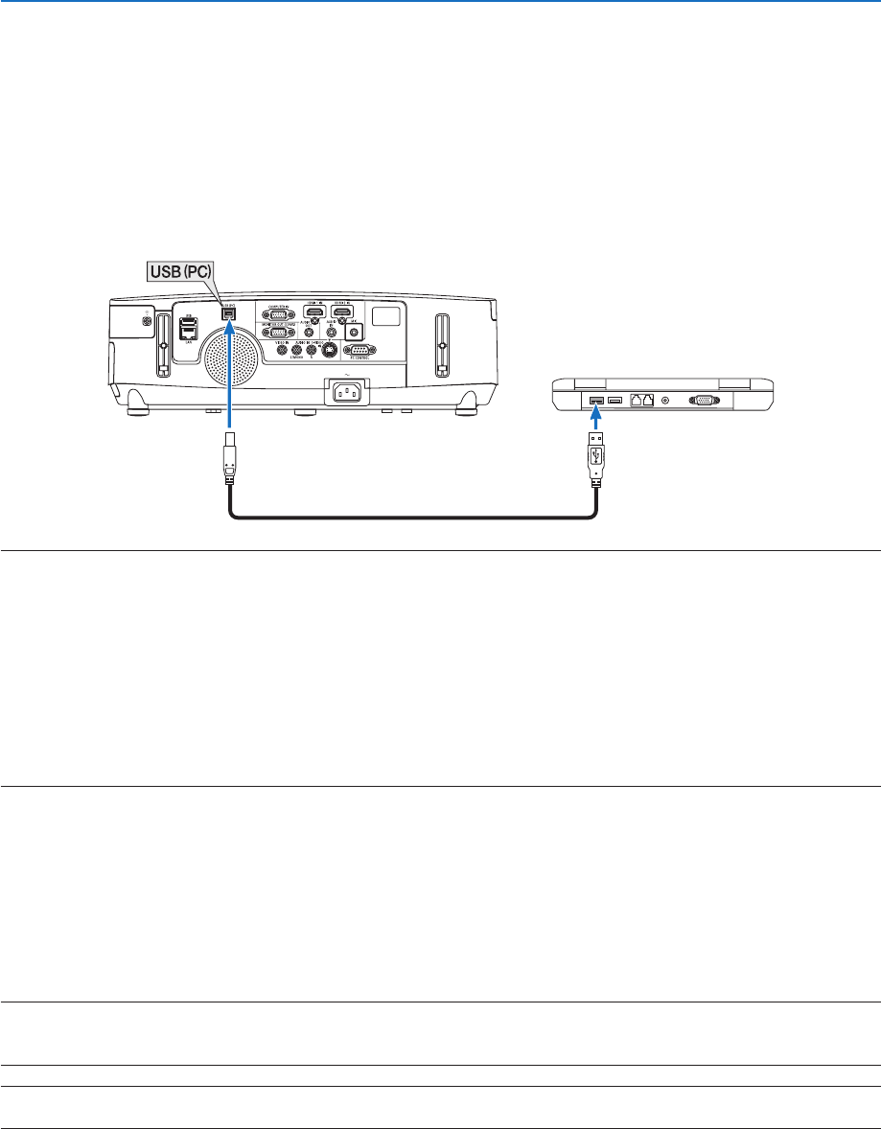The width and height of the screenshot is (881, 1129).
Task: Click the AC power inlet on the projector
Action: [348, 391]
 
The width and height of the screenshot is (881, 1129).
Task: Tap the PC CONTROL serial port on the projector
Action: [358, 351]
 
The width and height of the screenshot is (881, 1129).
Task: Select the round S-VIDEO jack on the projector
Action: [330, 349]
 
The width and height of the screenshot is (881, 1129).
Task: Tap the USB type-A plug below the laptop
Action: [595, 460]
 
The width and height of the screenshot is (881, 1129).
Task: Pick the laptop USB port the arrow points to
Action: [595, 399]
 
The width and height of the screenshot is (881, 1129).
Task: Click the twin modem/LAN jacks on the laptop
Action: [642, 400]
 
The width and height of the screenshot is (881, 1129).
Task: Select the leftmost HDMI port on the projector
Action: [313, 312]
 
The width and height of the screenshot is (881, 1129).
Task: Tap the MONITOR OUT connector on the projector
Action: [278, 332]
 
